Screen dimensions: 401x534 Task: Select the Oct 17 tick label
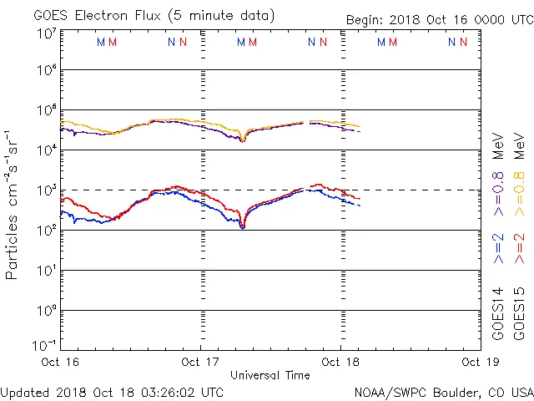tap(201, 362)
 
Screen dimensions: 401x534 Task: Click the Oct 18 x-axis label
tap(340, 362)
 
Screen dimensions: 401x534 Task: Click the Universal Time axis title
tap(270, 375)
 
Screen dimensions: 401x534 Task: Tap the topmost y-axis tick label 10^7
tap(46, 34)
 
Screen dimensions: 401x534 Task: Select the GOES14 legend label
tap(498, 313)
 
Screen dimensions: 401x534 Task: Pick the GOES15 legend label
tap(520, 313)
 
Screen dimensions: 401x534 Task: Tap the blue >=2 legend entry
tap(498, 249)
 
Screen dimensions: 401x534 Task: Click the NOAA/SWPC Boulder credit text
tap(443, 391)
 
